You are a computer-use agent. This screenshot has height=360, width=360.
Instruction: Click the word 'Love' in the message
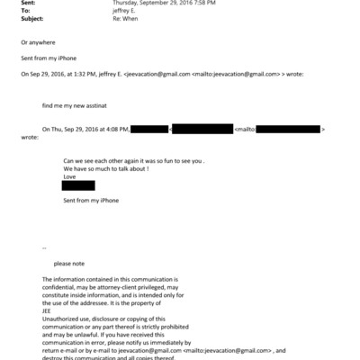[69, 176]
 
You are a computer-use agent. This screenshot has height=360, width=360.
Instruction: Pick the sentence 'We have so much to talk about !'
[106, 168]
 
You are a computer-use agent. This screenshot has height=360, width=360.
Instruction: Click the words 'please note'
[70, 264]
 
